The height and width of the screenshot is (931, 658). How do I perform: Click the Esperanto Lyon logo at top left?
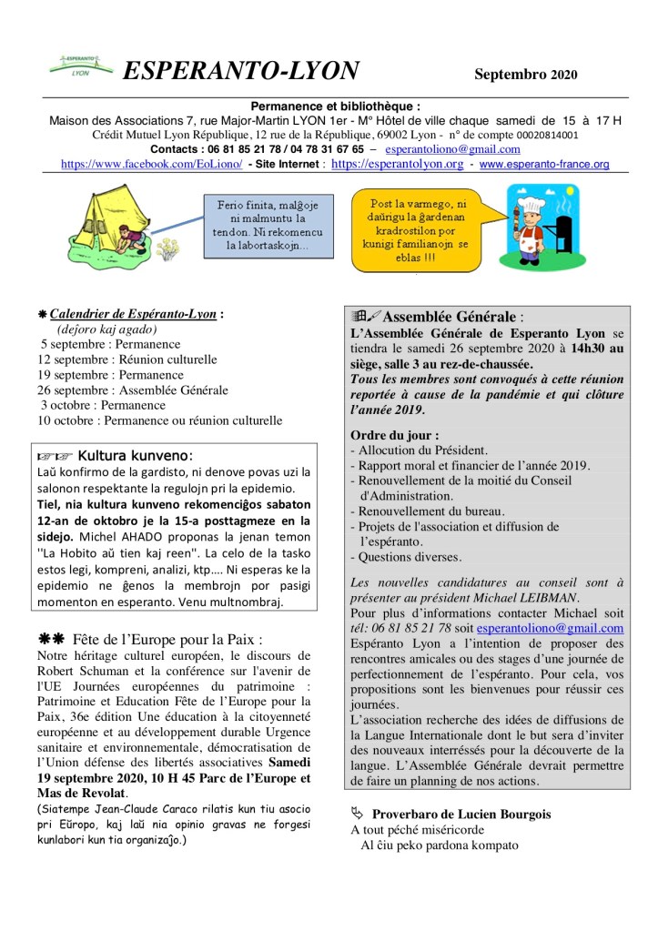tap(78, 67)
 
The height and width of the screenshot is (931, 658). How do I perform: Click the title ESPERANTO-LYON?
tap(241, 71)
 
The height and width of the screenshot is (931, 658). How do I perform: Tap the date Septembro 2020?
tap(524, 74)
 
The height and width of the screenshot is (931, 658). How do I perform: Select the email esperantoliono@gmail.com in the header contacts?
tap(452, 148)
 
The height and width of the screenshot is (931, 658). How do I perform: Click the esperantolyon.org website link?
tap(398, 164)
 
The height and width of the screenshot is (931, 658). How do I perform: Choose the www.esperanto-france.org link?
tap(544, 164)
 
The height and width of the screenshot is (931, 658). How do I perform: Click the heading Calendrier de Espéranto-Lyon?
tap(133, 314)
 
